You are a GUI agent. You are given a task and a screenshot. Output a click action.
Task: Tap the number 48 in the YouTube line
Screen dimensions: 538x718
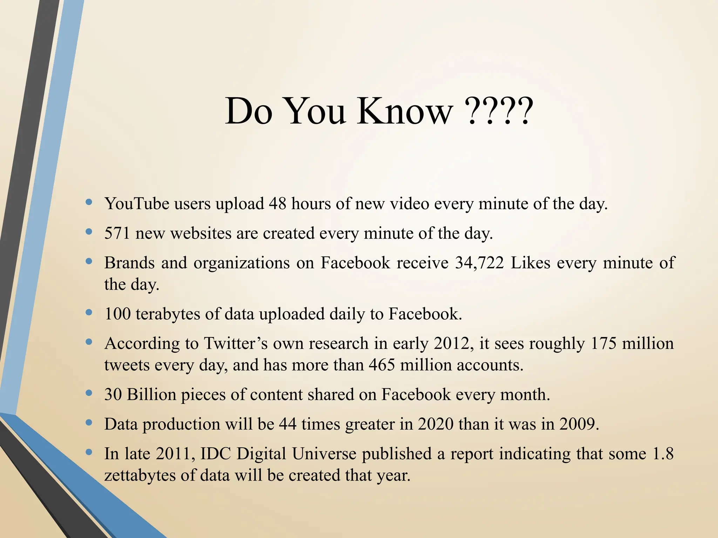tap(277, 204)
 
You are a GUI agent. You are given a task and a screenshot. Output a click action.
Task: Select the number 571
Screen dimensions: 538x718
tap(117, 233)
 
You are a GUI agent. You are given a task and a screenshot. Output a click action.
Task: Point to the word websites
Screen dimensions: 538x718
tap(201, 233)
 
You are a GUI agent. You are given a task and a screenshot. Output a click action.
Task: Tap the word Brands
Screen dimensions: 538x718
tap(129, 263)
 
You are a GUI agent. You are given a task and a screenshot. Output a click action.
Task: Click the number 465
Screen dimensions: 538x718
tap(382, 365)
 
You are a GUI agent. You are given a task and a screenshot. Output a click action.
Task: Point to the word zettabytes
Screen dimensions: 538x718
tap(140, 475)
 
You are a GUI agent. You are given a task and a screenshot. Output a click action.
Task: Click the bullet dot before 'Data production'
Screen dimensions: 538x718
tap(89, 423)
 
